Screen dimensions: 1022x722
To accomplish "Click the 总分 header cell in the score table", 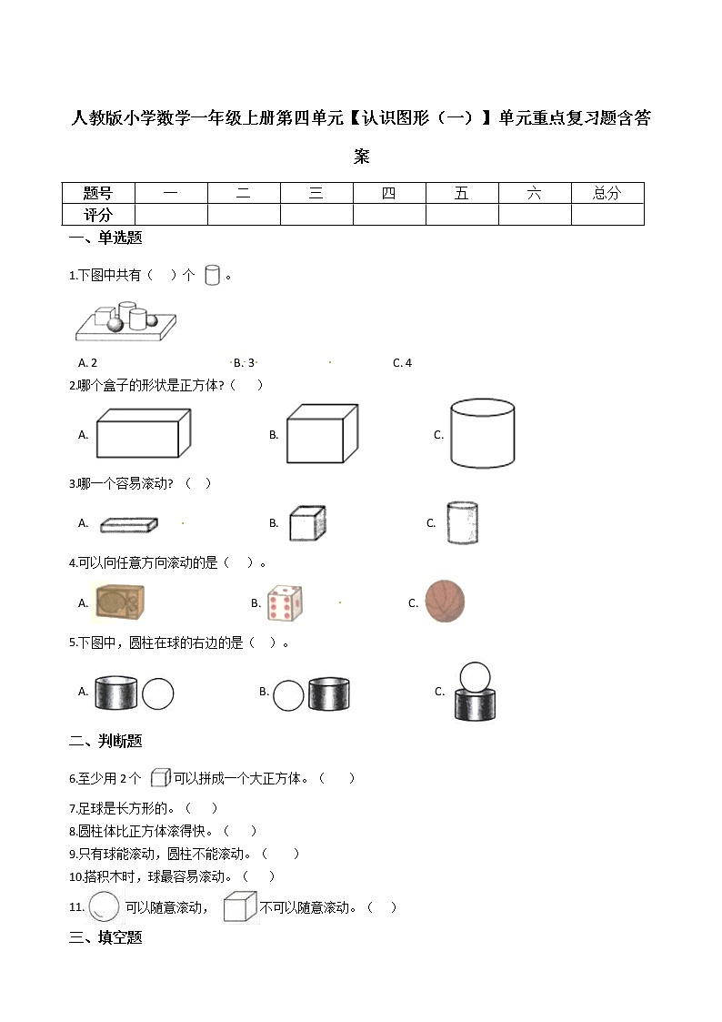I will (607, 193).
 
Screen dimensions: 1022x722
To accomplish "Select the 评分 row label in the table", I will (98, 215).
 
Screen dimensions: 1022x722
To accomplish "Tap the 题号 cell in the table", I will (98, 193).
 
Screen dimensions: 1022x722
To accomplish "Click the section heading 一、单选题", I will (105, 238).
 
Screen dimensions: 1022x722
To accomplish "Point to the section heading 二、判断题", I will (105, 742).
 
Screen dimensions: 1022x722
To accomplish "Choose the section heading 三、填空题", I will (105, 937).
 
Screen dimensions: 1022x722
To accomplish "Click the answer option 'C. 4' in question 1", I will (402, 363).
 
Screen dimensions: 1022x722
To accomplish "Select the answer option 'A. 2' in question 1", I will (88, 363).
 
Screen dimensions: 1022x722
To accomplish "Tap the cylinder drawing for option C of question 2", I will (483, 433).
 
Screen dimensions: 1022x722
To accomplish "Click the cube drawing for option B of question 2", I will (322, 433).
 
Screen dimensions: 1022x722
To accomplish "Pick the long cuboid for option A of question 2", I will (143, 433).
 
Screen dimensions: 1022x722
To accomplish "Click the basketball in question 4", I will (445, 602).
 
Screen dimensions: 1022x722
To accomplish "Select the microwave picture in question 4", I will (120, 602).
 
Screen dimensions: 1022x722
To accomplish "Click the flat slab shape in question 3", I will (129, 524).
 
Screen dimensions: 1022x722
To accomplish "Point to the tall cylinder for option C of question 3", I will (462, 523).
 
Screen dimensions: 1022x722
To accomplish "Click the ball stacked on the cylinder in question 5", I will (476, 676).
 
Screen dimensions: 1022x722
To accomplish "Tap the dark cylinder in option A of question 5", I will (116, 693).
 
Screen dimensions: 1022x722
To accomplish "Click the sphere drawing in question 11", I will (104, 906).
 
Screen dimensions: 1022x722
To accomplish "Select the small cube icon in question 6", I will (160, 778).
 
